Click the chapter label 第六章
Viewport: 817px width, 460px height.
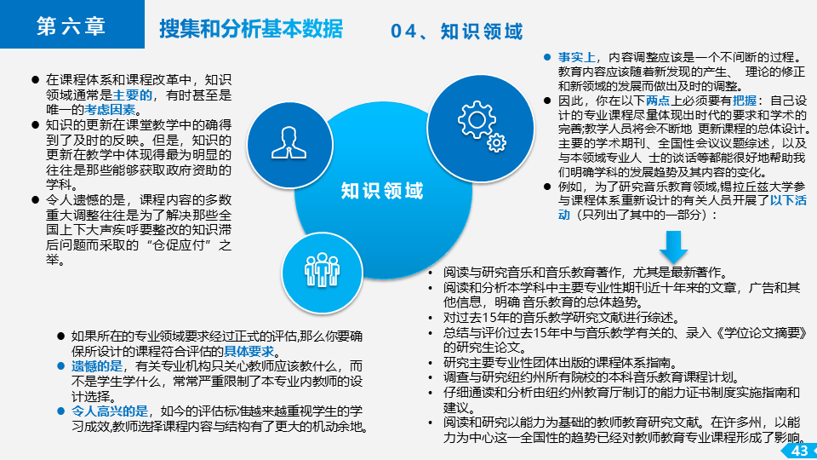71,26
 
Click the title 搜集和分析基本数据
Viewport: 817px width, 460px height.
251,29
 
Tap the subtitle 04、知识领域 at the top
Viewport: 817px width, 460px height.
456,32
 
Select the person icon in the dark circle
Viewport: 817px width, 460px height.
289,142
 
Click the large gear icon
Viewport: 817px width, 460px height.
477,120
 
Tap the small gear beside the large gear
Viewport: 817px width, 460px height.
496,142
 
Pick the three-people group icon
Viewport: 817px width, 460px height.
322,270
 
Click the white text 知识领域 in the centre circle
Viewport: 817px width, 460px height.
382,191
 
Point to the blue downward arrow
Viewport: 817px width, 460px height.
673,247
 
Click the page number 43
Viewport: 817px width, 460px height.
799,451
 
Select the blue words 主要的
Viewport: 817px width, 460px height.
133,95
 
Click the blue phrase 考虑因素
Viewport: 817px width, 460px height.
110,110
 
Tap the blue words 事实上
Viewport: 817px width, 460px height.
577,57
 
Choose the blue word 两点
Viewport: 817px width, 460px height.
658,101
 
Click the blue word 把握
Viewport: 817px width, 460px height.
744,101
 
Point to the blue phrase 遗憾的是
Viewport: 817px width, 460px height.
96,366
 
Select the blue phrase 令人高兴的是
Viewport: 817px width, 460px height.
110,411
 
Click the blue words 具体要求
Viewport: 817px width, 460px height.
249,351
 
